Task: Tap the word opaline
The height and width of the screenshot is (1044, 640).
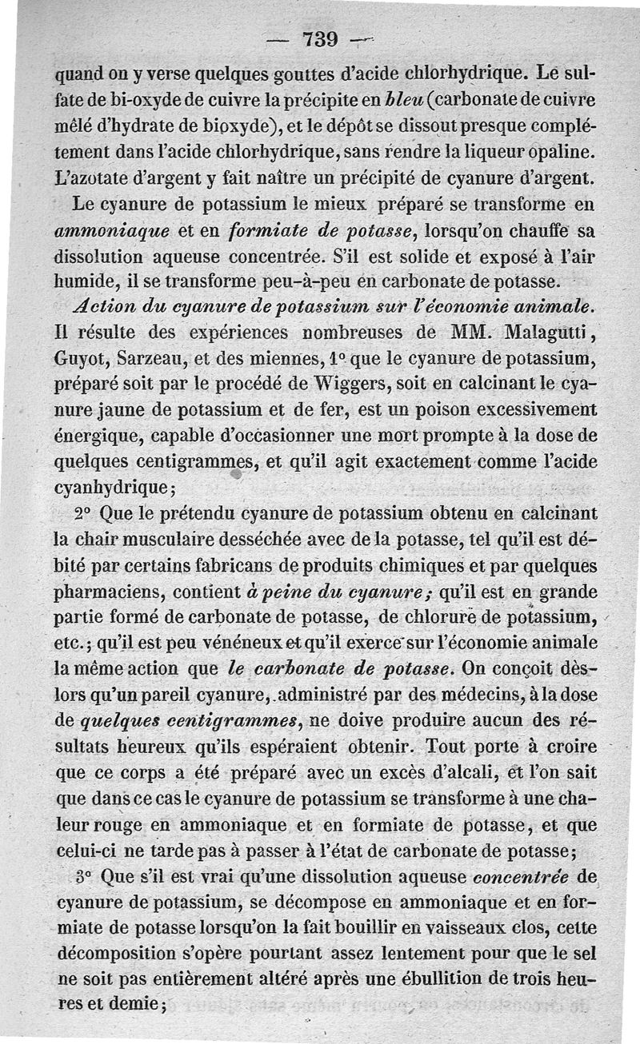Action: [561, 151]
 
